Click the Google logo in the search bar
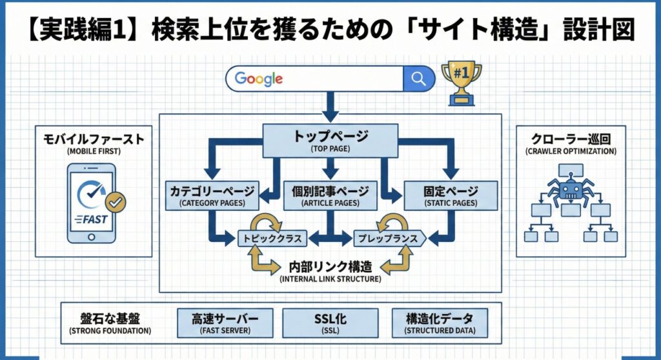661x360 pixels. (x=258, y=79)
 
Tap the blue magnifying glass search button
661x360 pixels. (x=418, y=79)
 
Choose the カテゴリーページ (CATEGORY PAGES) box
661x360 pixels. (x=212, y=195)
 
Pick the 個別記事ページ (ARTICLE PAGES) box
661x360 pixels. (x=330, y=195)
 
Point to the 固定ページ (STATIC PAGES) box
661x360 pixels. (x=451, y=195)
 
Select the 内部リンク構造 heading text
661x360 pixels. (x=330, y=265)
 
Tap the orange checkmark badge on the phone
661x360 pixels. (x=116, y=202)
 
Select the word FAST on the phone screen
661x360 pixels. (x=94, y=219)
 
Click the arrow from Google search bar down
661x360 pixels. (x=330, y=105)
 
